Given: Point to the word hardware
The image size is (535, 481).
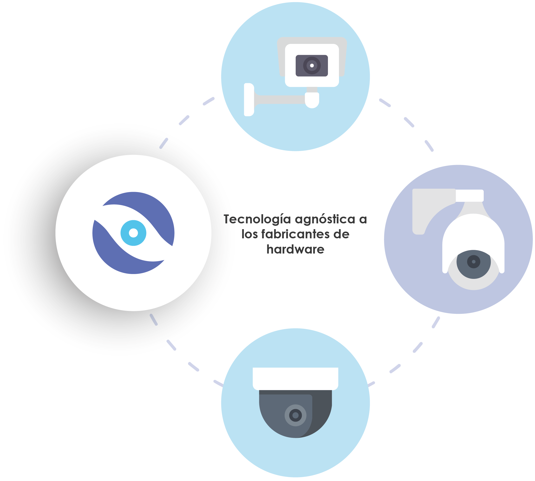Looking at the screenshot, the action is point(295,249).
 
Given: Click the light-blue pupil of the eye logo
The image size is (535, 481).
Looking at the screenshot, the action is point(133,233).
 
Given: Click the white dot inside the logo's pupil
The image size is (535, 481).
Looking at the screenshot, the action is point(133,233).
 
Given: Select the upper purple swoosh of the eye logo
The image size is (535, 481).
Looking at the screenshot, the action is point(148,211).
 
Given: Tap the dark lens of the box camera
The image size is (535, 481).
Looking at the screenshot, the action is point(312,66).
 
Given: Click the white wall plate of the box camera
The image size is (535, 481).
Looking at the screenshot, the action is point(249,100).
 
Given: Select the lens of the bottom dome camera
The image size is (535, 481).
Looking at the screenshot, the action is point(295,415).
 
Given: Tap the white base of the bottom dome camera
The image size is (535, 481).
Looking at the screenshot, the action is point(295,379).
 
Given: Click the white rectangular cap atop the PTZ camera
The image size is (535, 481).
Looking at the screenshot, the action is point(470,196).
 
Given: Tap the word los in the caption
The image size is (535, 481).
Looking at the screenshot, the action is point(249,234).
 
